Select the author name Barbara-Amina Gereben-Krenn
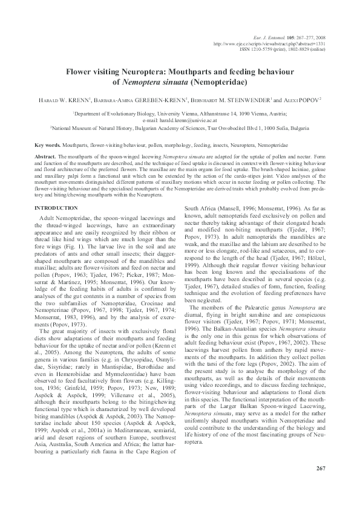(140, 99)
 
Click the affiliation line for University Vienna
(180, 113)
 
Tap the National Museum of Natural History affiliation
(180, 128)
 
